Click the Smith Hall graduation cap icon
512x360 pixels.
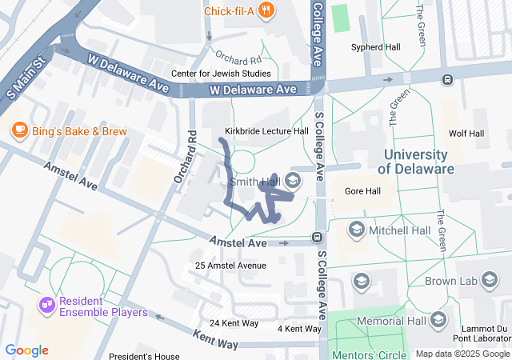pos(293,182)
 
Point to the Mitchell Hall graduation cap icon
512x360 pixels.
pos(356,230)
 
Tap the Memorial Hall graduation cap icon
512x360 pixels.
pos(438,320)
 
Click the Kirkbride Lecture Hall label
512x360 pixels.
pos(266,131)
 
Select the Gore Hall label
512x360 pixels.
pos(362,191)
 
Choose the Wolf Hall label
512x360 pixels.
pos(466,134)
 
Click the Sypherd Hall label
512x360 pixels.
pos(376,47)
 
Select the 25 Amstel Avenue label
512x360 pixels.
pos(230,266)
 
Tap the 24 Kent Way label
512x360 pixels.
pos(234,323)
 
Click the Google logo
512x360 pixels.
pos(26,350)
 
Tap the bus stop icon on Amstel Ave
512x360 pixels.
pos(317,237)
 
